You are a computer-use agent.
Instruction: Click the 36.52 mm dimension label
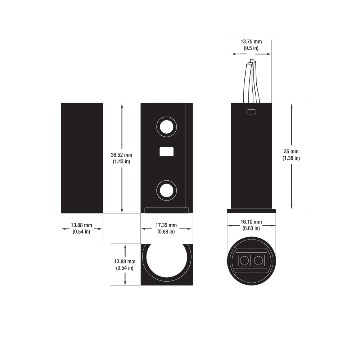[121, 155]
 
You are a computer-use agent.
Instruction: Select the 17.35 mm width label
[166, 225]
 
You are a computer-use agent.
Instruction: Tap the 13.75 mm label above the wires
[251, 42]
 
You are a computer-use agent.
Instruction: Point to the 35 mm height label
[291, 152]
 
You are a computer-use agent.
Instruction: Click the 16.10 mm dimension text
[251, 222]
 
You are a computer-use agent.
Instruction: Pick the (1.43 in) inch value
[121, 162]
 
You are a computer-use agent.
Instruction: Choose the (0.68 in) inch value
[166, 231]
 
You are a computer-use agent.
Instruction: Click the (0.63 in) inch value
[251, 228]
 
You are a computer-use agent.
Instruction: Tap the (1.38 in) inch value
[291, 158]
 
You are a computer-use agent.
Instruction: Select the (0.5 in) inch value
[251, 48]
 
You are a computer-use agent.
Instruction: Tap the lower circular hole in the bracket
[166, 190]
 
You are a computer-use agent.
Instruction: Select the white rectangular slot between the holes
[166, 152]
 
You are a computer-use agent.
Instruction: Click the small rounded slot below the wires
[251, 112]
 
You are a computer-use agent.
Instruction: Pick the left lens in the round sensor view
[244, 260]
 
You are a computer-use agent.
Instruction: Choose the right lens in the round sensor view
[258, 260]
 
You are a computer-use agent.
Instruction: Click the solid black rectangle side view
[82, 158]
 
